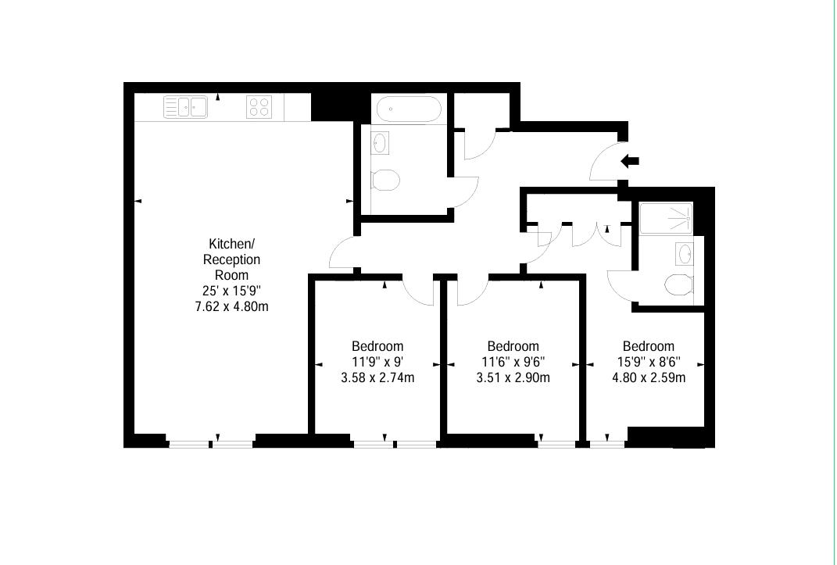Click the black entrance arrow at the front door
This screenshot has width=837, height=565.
[x=630, y=161]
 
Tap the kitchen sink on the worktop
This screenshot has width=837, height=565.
[x=185, y=106]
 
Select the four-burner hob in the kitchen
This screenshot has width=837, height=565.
[x=259, y=106]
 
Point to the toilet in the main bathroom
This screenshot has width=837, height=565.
[x=385, y=181]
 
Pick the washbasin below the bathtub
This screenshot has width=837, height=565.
[x=381, y=143]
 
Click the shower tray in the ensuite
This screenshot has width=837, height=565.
[x=666, y=218]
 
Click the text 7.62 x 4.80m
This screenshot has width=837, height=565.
[x=231, y=306]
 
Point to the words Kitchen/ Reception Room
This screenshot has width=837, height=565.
[x=231, y=259]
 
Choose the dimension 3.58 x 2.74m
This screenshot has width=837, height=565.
[x=377, y=378]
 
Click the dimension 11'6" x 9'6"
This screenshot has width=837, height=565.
[x=513, y=362]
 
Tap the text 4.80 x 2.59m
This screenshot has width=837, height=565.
[x=649, y=378]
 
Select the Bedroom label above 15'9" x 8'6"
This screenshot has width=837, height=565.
[x=649, y=346]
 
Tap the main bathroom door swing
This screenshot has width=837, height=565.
[x=466, y=191]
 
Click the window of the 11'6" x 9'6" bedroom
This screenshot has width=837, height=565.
[x=556, y=444]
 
